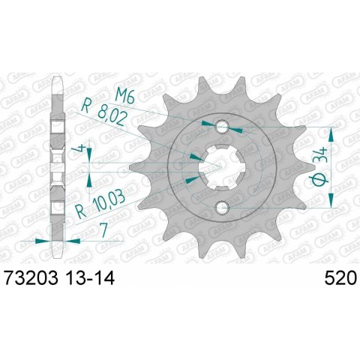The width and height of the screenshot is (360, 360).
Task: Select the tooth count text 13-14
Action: [94, 278]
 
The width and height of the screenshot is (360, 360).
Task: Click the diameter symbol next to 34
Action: [319, 181]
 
